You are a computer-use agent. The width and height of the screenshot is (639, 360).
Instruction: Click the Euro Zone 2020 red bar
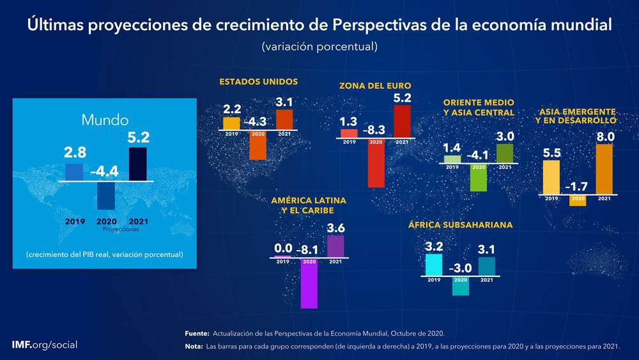[376, 166]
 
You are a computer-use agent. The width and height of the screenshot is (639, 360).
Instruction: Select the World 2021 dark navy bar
[137, 164]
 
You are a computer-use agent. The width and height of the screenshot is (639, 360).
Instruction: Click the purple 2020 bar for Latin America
[309, 285]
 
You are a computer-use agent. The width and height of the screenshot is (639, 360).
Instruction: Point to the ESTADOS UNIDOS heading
[258, 82]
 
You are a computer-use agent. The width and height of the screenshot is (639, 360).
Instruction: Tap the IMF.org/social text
[45, 345]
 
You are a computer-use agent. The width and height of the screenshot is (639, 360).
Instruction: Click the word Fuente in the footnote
[196, 333]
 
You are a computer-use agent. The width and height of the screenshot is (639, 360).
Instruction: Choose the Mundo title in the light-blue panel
[105, 120]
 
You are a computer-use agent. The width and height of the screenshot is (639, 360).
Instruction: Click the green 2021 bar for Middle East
[505, 153]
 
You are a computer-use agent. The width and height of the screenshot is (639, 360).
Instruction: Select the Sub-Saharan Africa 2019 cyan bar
[434, 265]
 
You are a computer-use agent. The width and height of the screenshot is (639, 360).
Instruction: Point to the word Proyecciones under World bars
[120, 228]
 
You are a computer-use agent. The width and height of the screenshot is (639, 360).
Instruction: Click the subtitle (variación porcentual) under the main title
[319, 47]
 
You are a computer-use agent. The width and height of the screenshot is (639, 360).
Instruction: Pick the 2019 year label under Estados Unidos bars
[231, 134]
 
